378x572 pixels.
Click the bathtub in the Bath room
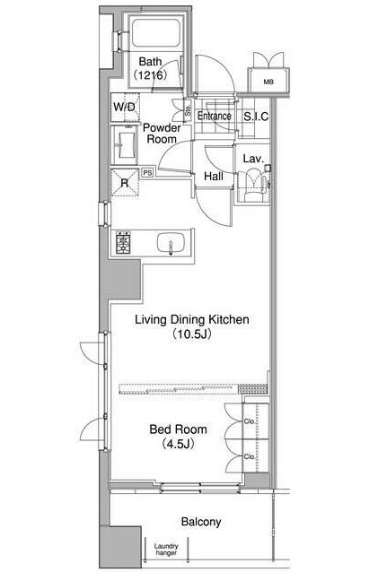coord(156,33)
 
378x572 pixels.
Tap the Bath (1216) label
coord(150,68)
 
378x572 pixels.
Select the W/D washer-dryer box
coord(126,108)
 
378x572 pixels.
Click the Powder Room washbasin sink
coord(127,145)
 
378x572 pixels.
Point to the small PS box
coord(147,172)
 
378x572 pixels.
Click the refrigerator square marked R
coord(125,182)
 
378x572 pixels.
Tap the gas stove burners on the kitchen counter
coord(123,242)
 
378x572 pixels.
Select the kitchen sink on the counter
coord(170,243)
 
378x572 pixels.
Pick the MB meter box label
coord(268,82)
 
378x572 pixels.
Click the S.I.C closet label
coord(256,117)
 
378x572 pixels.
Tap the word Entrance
coord(215,116)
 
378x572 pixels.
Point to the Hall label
coord(214,177)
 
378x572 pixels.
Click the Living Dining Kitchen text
coord(192,319)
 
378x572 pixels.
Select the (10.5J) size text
coord(192,334)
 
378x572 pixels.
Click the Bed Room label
coord(179,429)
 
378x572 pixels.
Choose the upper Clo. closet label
coord(250,421)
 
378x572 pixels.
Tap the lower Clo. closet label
coord(250,456)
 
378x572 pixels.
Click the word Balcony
coord(201,522)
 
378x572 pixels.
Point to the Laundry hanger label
coord(166,550)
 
